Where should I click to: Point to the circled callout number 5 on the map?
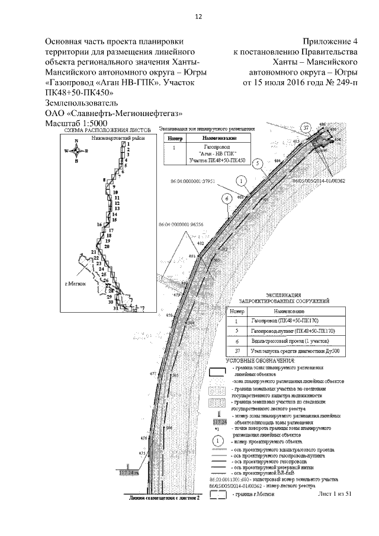[x=257, y=163]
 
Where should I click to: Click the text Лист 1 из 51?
[x=335, y=493]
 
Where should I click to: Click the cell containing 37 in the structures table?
[x=236, y=351]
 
